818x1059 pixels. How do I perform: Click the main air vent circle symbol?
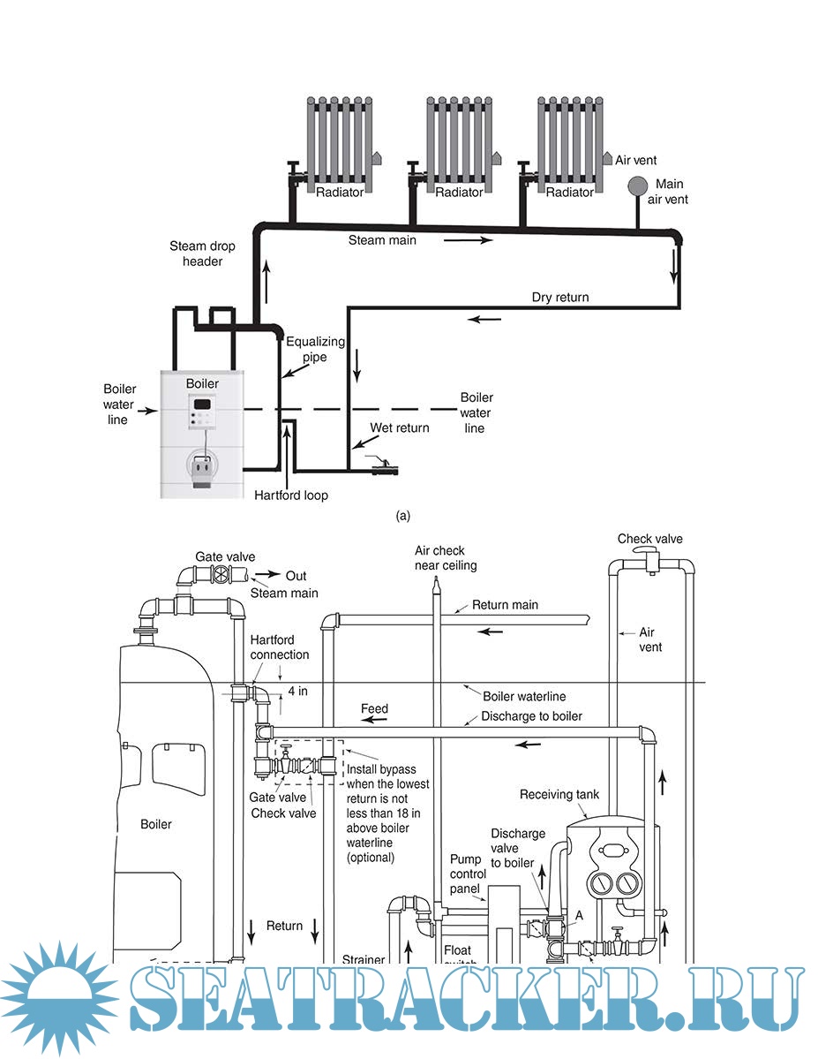pyautogui.click(x=637, y=186)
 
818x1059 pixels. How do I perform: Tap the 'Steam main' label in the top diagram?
pyautogui.click(x=382, y=239)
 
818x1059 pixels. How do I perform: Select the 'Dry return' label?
pyautogui.click(x=559, y=298)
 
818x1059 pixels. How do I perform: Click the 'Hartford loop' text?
pyautogui.click(x=291, y=495)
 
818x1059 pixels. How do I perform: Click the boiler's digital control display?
pyautogui.click(x=202, y=405)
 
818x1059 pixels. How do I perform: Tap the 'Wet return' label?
pyautogui.click(x=400, y=428)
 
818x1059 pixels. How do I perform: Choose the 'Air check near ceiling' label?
pyautogui.click(x=446, y=558)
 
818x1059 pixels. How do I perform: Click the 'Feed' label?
pyautogui.click(x=374, y=708)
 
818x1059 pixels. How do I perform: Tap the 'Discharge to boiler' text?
pyautogui.click(x=531, y=716)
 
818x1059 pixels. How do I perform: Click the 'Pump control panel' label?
pyautogui.click(x=465, y=873)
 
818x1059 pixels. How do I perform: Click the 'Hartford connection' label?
pyautogui.click(x=280, y=647)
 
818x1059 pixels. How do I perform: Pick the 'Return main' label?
pyautogui.click(x=505, y=605)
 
